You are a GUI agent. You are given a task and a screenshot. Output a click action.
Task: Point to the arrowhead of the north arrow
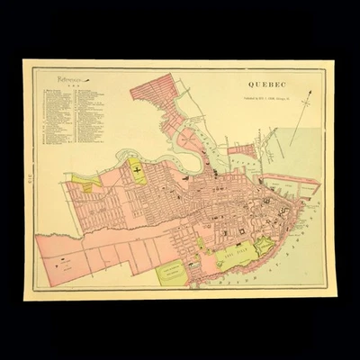pos(310,92)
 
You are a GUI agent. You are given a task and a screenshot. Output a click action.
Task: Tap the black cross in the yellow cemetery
pos(138,168)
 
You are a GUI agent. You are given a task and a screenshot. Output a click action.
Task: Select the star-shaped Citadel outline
pos(264,245)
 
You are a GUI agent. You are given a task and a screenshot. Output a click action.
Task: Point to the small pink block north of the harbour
pos(243,150)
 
